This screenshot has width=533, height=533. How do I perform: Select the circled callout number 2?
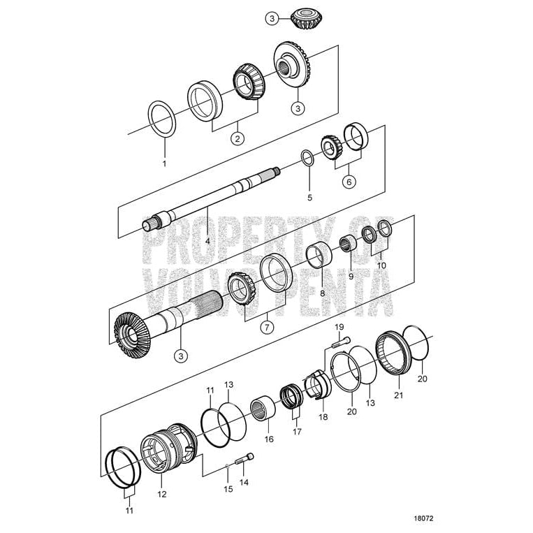[238, 138]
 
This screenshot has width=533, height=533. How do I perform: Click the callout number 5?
[309, 198]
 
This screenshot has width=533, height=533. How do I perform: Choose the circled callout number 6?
[347, 182]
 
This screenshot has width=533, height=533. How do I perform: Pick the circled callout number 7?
[266, 326]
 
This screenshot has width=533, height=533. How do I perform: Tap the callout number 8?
[322, 293]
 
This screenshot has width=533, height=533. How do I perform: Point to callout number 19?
[339, 327]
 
